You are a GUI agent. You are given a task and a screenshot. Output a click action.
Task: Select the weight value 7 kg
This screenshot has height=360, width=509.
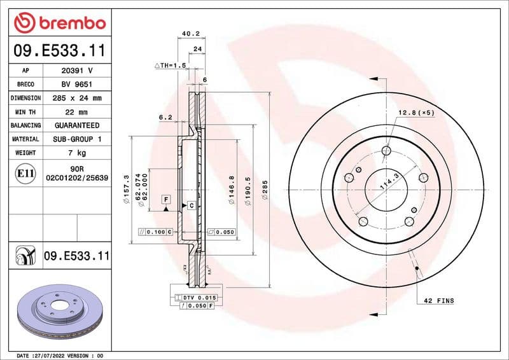click(x=76, y=153)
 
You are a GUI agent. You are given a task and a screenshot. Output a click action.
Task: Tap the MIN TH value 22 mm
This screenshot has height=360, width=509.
click(x=76, y=112)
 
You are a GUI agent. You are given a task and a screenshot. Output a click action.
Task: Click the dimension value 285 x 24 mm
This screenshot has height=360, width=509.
click(x=76, y=98)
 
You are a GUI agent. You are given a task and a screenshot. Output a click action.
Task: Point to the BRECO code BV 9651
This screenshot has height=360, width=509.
click(x=76, y=84)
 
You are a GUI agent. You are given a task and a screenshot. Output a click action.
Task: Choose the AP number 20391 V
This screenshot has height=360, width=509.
click(x=76, y=71)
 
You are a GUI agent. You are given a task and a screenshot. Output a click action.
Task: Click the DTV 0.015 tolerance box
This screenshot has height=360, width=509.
click(x=200, y=298)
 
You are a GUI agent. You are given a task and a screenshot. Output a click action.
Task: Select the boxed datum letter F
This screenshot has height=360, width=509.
click(x=165, y=200)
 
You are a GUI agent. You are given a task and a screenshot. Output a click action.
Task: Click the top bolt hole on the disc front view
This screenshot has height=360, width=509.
click(x=386, y=151)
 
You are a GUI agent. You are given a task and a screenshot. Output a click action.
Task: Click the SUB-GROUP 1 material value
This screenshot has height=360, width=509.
click(x=76, y=139)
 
